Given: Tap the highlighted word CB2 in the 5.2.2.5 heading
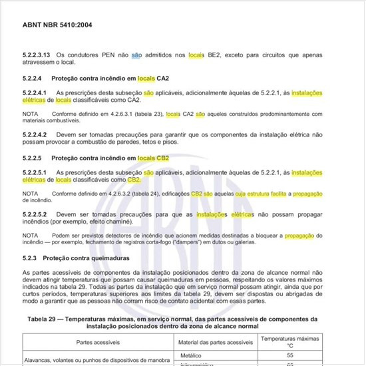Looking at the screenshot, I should (162, 158).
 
